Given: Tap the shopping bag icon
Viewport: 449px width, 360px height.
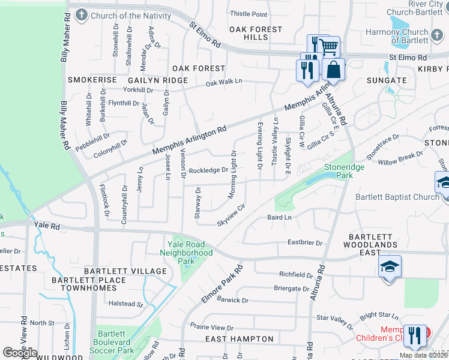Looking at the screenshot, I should tap(333, 70).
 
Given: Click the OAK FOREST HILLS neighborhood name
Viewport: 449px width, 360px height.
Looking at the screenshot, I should tap(256, 33).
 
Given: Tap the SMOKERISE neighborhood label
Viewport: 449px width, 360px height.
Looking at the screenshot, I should tap(92, 80).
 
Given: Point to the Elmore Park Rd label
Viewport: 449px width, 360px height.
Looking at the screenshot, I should tap(221, 284).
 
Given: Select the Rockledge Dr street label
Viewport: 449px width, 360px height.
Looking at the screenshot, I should tap(208, 170).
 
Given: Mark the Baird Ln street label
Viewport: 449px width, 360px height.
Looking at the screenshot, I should tap(279, 217).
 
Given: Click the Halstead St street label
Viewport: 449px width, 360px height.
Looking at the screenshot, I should tap(123, 304).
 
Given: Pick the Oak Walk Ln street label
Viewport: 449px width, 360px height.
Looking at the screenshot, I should tap(223, 82).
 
